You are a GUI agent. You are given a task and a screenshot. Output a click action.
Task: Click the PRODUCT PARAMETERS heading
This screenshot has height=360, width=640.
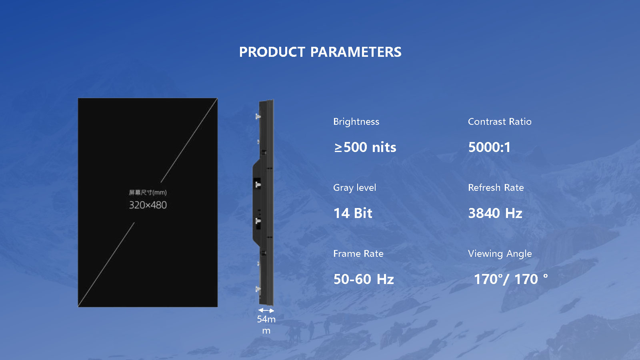pyautogui.click(x=320, y=52)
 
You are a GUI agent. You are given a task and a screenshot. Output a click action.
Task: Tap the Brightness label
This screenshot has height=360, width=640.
pyautogui.click(x=356, y=122)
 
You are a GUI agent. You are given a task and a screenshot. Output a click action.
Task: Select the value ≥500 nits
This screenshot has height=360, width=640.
pyautogui.click(x=365, y=148)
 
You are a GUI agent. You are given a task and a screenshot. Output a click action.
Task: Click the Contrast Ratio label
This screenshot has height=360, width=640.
pyautogui.click(x=500, y=122)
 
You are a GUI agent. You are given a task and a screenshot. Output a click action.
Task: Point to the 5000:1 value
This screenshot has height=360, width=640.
pyautogui.click(x=489, y=148)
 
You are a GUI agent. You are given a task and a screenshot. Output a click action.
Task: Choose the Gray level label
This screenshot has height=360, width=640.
pyautogui.click(x=354, y=188)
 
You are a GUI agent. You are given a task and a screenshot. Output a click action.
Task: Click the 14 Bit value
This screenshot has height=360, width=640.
pyautogui.click(x=353, y=213)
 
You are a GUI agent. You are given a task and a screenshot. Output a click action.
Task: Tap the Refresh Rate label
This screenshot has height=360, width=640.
pyautogui.click(x=496, y=188)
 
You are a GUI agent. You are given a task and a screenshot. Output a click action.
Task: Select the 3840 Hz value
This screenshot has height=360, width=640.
pyautogui.click(x=495, y=213)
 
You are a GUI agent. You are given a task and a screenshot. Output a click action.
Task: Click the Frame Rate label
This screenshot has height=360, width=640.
pyautogui.click(x=358, y=254)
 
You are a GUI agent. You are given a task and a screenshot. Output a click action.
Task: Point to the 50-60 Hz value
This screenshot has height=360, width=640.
pyautogui.click(x=364, y=279)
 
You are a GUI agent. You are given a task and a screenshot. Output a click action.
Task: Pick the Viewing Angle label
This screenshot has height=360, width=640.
pyautogui.click(x=500, y=254)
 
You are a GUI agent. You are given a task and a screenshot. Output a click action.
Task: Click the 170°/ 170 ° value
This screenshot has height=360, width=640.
pyautogui.click(x=511, y=279)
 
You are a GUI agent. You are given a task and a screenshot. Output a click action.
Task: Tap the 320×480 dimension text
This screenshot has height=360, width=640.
pyautogui.click(x=148, y=205)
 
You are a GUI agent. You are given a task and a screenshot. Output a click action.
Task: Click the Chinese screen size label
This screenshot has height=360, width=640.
pyautogui.click(x=148, y=192)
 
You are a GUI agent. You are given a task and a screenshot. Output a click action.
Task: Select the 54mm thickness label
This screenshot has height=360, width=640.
pyautogui.click(x=266, y=325)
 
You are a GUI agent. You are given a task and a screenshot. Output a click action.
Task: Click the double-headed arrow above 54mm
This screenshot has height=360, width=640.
pyautogui.click(x=266, y=310)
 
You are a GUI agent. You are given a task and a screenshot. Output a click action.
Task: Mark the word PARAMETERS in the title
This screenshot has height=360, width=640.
pyautogui.click(x=356, y=52)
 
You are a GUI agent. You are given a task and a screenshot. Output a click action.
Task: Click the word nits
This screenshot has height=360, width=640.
pyautogui.click(x=384, y=148)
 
